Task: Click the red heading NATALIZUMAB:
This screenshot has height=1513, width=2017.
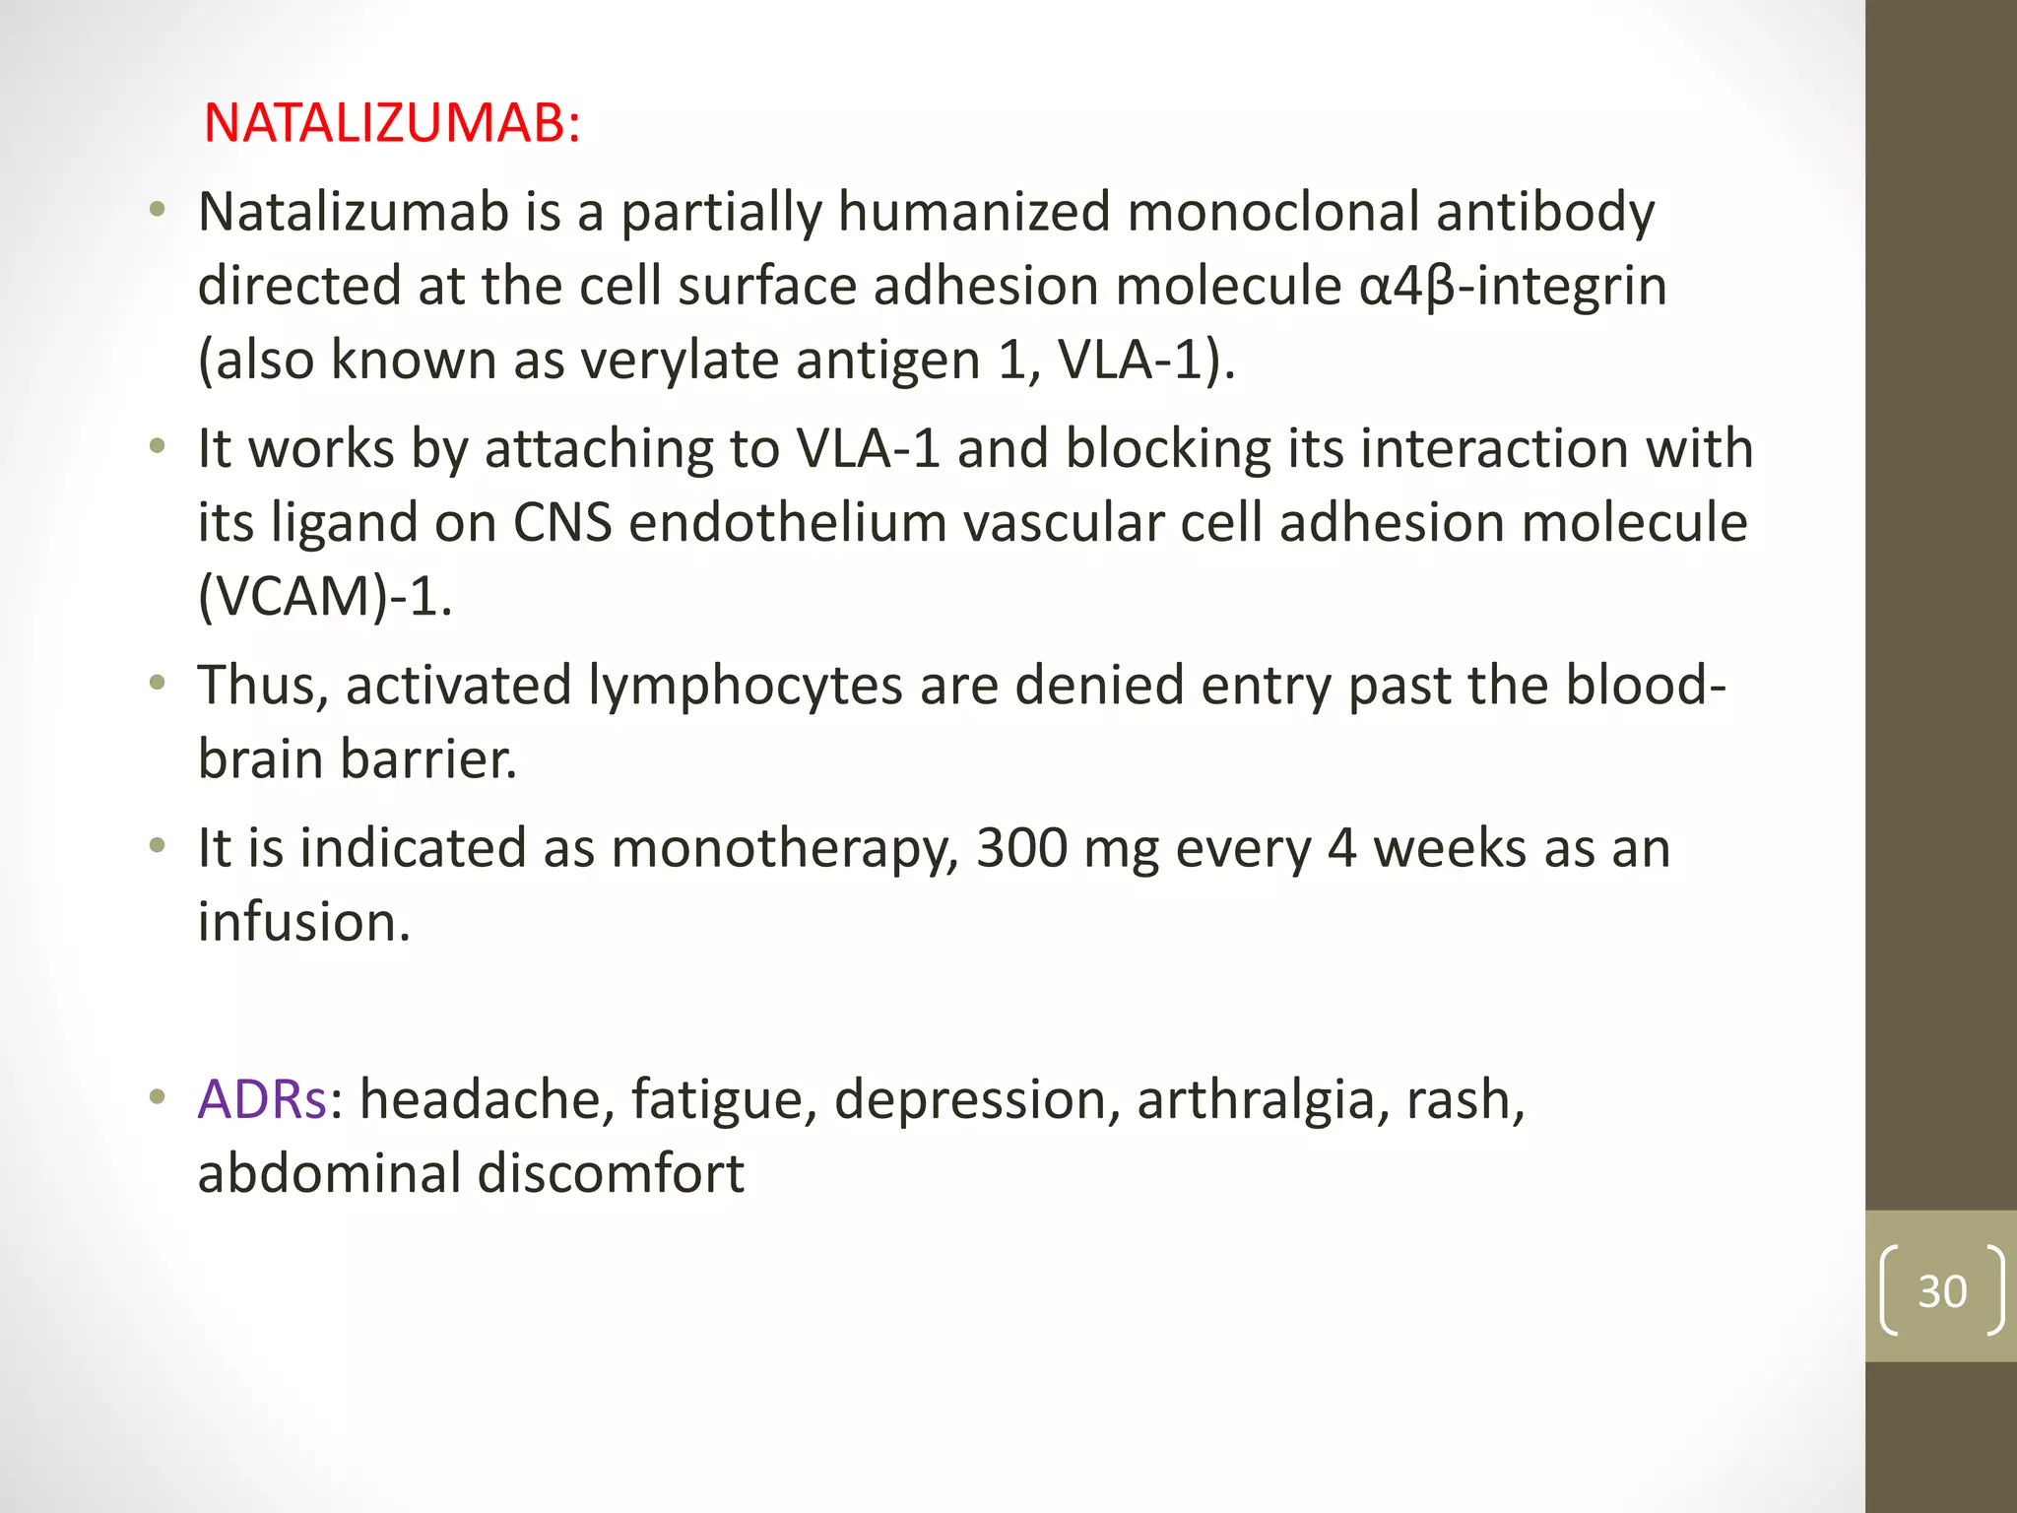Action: (x=391, y=124)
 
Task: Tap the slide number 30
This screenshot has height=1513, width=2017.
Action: (x=1942, y=1290)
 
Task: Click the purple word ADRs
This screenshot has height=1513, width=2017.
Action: (x=262, y=1099)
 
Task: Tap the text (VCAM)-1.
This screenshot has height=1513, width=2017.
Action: (x=325, y=597)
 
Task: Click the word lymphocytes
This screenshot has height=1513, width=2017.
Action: (x=745, y=686)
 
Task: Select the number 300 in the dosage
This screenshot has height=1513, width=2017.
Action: (x=1021, y=848)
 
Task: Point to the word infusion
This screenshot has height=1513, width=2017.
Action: (x=303, y=922)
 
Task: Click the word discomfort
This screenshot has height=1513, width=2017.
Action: (x=611, y=1173)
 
